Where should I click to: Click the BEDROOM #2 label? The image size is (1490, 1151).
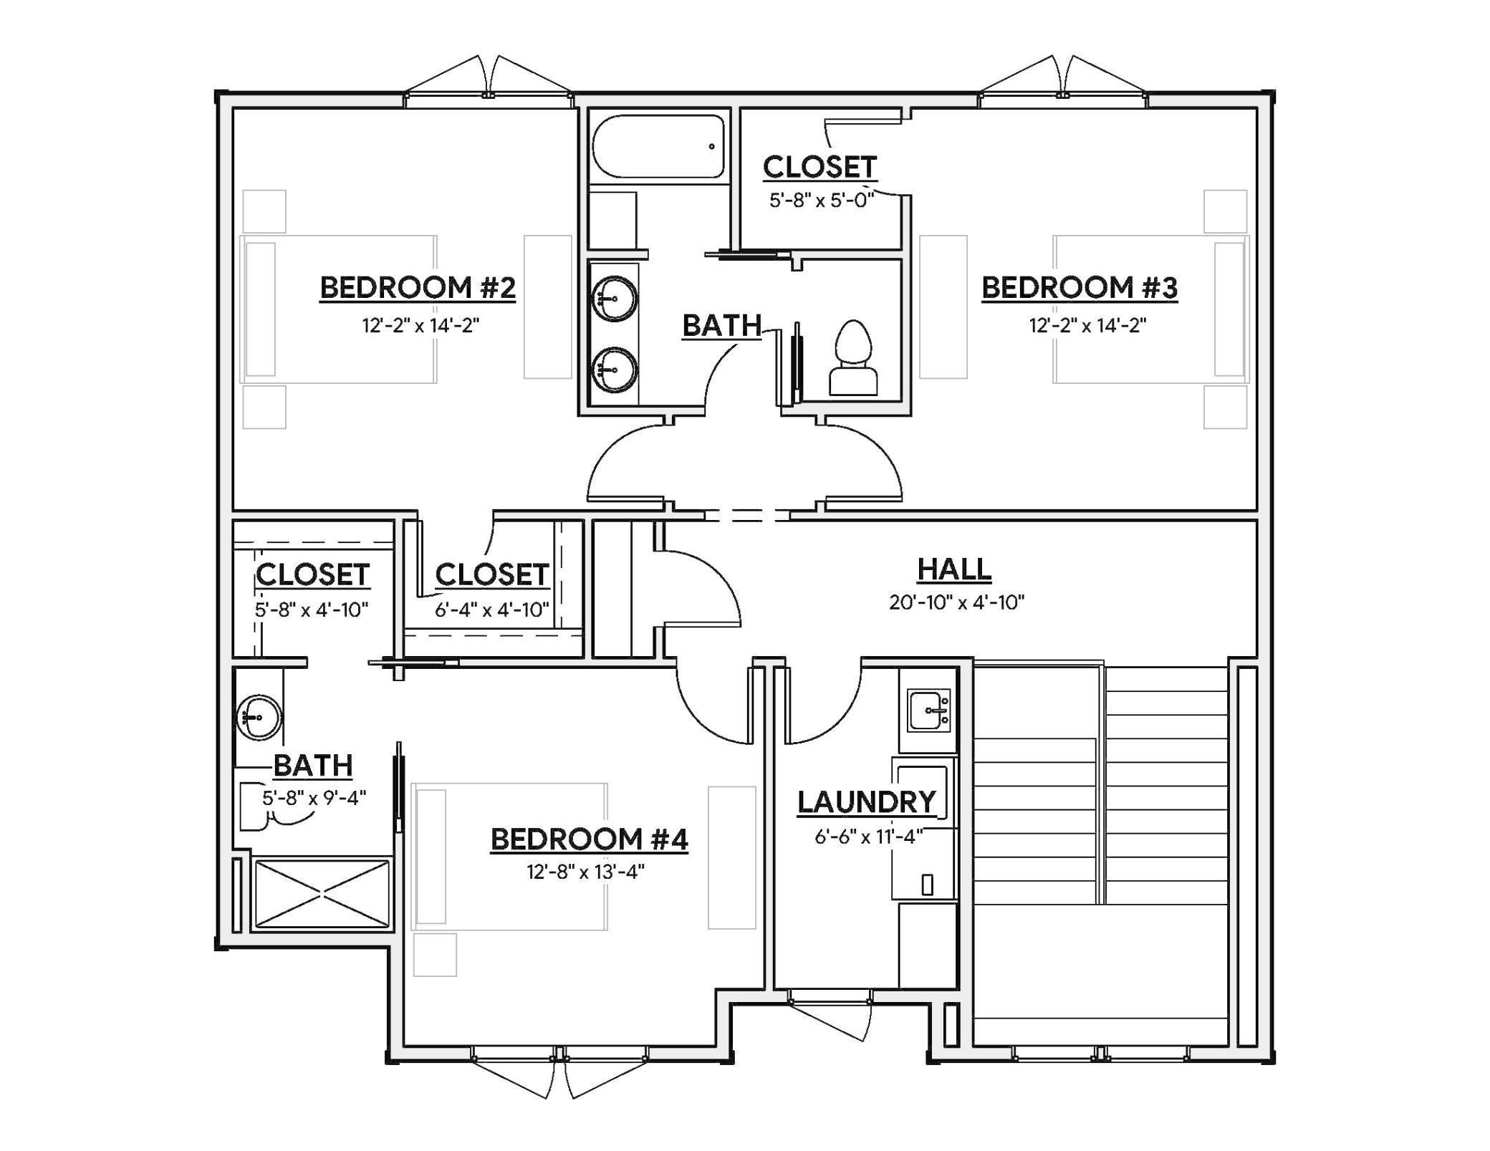coord(418,288)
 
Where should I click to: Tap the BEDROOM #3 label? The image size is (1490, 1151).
coord(1079,288)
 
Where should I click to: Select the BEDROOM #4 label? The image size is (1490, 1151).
coord(589,839)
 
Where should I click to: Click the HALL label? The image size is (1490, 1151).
coord(954,570)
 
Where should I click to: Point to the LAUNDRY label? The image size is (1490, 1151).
coord(867,802)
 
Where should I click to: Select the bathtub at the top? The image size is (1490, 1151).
coord(658,147)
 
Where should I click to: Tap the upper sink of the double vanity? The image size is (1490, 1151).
coord(615,298)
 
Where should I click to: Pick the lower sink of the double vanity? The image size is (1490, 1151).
coord(615,370)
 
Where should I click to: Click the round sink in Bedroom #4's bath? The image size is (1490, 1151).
coord(259,717)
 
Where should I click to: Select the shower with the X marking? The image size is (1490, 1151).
coord(322,894)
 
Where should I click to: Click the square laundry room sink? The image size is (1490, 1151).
coord(929,710)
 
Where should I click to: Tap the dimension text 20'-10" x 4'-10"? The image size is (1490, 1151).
coord(956,602)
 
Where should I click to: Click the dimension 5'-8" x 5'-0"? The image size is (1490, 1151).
coord(821,201)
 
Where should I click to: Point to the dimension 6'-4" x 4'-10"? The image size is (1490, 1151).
coord(491,610)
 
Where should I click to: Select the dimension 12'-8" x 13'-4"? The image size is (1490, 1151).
coord(586,872)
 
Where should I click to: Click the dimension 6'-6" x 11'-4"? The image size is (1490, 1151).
coord(868,837)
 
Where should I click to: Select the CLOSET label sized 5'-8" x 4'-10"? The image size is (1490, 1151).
coord(312,574)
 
